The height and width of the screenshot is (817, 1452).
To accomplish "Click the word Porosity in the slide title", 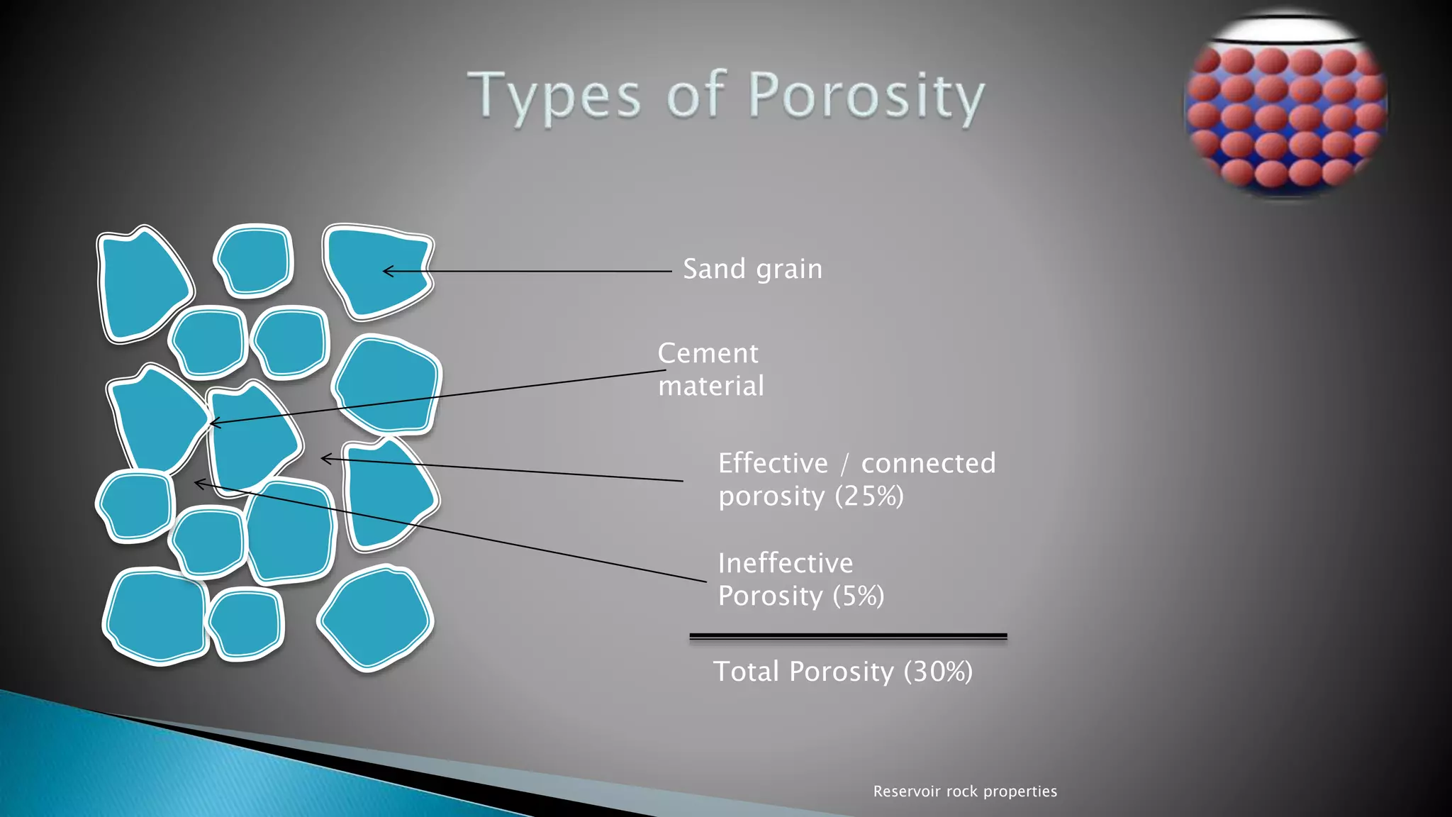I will point(866,96).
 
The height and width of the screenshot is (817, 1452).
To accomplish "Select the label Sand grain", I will point(752,269).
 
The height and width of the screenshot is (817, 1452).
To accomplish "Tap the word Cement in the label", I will point(708,353).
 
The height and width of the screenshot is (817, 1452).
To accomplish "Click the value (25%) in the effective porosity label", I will point(869,496).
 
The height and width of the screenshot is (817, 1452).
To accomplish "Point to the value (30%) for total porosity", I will point(938,672).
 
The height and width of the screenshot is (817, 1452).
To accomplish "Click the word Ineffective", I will point(786,563).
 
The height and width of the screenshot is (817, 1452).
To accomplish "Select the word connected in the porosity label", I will point(928,463).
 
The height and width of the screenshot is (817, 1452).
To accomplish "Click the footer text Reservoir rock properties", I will point(964,791).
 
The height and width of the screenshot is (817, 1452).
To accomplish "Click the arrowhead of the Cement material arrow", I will point(212,423).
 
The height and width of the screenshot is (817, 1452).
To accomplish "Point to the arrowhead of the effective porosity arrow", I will point(323,459).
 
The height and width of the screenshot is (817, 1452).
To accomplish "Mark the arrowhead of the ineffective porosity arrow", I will point(196,484).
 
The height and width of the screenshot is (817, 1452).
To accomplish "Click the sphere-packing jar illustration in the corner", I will point(1285,106).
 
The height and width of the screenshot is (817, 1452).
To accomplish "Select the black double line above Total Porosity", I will point(848,637).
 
